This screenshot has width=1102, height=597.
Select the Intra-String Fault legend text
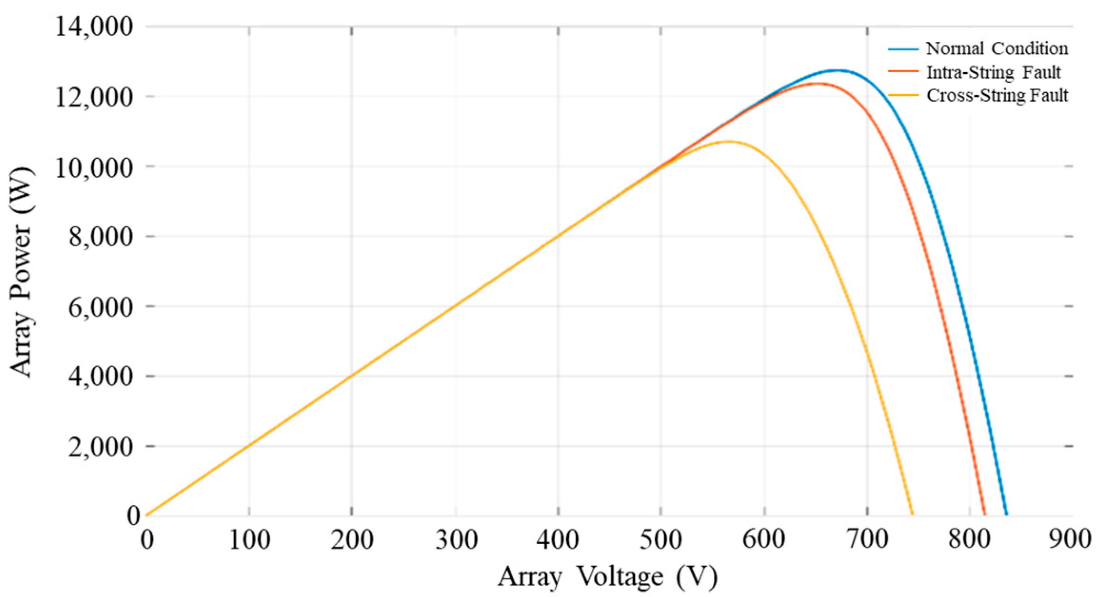click(994, 72)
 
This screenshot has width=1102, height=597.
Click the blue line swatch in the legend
click(903, 49)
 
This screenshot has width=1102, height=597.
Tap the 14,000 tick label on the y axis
click(94, 27)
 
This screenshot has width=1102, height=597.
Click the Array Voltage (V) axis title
click(608, 577)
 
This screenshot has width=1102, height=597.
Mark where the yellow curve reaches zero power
click(912, 515)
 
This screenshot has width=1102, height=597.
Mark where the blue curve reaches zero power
click(1006, 515)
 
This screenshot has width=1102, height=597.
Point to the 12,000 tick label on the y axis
click(94, 97)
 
